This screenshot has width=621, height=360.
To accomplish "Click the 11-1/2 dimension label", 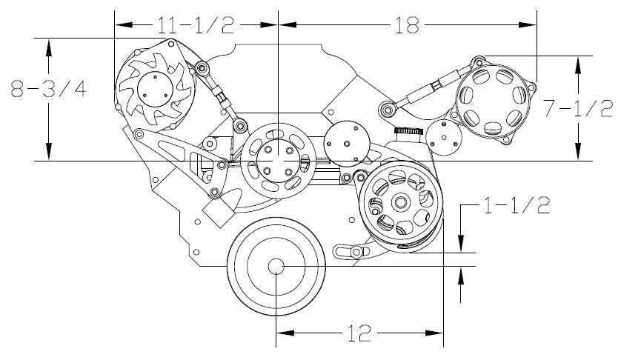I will [196, 25].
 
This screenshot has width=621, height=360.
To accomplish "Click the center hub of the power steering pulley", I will [400, 202].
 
